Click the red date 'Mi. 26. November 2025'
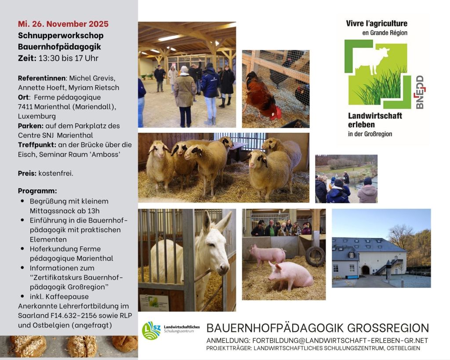pos(63,24)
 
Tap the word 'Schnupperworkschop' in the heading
pos(61,36)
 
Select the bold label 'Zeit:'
pos(27,58)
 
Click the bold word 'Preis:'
pos(27,173)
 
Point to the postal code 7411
pos(25,107)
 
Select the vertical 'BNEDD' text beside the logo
pos(420,92)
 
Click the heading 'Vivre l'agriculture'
pos(377,24)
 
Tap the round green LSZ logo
pos(151,331)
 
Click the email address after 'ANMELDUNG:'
pos(340,341)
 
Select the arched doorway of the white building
pos(365,270)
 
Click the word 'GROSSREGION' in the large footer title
pos(388,328)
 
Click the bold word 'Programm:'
pos(37,191)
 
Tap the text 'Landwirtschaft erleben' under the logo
pos(375,120)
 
